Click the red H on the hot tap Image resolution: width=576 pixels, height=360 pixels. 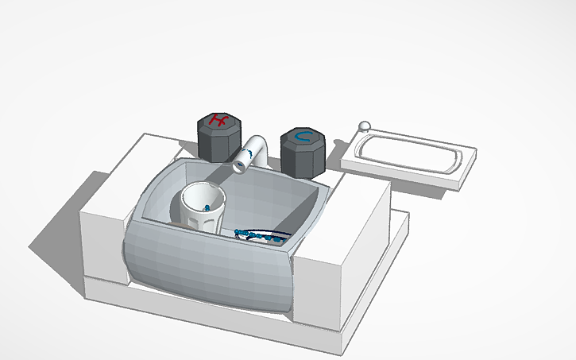click(x=218, y=122)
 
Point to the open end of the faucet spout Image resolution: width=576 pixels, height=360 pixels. click(x=240, y=165)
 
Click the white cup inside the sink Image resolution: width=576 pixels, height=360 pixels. click(x=203, y=206)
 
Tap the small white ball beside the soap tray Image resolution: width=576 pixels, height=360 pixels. click(x=365, y=126)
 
